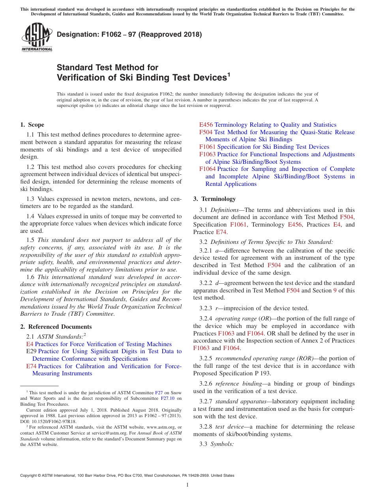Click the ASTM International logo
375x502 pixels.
[x=37, y=38]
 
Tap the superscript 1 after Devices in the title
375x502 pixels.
[x=229, y=74]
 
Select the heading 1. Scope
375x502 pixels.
[x=32, y=125]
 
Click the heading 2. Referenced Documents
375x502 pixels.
[x=56, y=327]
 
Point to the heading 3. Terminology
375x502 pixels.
[x=214, y=199]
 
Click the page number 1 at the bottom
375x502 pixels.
[x=187, y=485]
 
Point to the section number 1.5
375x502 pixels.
[x=30, y=240]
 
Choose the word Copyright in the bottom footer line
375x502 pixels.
[x=30, y=476]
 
